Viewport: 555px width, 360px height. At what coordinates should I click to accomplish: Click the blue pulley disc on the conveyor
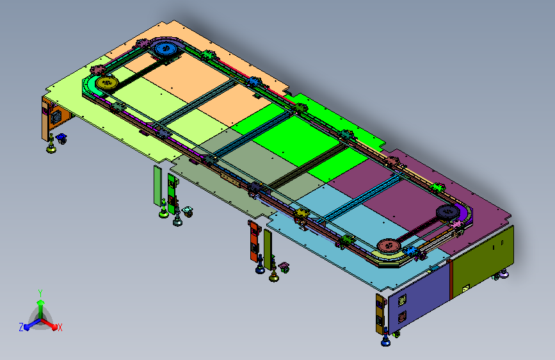click(x=165, y=48)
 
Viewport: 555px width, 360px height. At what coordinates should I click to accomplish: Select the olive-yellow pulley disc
click(x=106, y=83)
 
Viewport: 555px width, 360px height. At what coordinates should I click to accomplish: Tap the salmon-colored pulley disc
click(x=389, y=245)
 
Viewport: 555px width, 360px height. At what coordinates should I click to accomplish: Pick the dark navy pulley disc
click(x=447, y=212)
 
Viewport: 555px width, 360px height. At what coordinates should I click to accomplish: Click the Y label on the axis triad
click(x=40, y=293)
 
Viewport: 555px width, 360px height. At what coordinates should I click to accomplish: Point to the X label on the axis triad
click(x=60, y=328)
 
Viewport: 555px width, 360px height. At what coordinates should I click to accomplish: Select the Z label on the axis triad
click(x=21, y=327)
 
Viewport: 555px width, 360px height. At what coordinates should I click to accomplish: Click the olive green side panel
click(x=483, y=262)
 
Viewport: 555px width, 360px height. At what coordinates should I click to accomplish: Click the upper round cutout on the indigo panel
click(x=402, y=300)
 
